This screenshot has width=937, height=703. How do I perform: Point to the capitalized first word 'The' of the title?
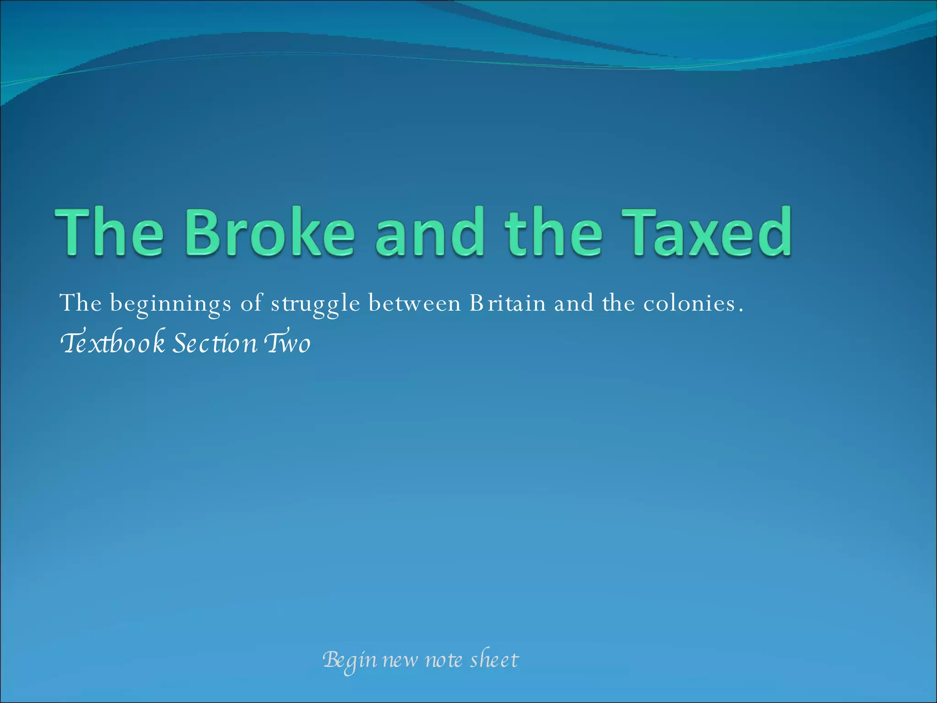[109, 232]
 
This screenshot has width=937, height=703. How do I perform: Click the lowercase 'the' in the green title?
[553, 232]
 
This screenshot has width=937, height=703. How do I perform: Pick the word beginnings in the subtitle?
[171, 304]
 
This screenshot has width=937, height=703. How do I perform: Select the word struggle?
[315, 304]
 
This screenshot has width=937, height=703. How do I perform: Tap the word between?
[415, 303]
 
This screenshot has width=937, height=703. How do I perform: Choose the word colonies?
[689, 303]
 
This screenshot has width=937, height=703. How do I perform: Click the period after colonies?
[741, 310]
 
